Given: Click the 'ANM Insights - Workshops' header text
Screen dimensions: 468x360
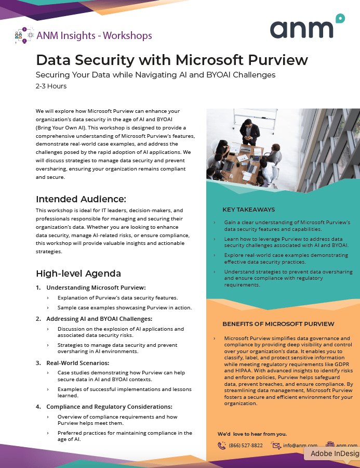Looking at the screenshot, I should [94, 35].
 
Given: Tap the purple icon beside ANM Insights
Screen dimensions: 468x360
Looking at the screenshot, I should [24, 36].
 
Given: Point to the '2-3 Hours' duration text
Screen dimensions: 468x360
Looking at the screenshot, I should [51, 86].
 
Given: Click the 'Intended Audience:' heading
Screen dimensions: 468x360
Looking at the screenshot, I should [81, 199].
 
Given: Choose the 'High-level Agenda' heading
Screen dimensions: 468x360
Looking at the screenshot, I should [78, 274].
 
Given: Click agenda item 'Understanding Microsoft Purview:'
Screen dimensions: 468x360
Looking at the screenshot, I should [96, 288].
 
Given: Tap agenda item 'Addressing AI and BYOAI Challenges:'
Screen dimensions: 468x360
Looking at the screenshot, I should [99, 319].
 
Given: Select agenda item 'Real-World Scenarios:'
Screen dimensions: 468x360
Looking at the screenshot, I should [77, 362].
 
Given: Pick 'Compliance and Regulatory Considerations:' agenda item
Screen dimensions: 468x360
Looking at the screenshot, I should [109, 407].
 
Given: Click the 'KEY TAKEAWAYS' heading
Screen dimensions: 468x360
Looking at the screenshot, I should [249, 210].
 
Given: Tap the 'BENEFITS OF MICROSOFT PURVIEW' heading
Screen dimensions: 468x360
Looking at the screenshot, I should [278, 323].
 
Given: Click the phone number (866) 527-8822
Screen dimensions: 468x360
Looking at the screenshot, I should [246, 446].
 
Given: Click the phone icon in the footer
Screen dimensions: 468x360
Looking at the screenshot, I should [222, 446].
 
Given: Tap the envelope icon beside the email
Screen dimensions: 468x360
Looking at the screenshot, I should [276, 446].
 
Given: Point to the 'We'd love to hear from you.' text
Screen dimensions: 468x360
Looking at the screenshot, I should [252, 434].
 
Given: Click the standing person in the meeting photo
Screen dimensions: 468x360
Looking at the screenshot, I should [251, 131].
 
